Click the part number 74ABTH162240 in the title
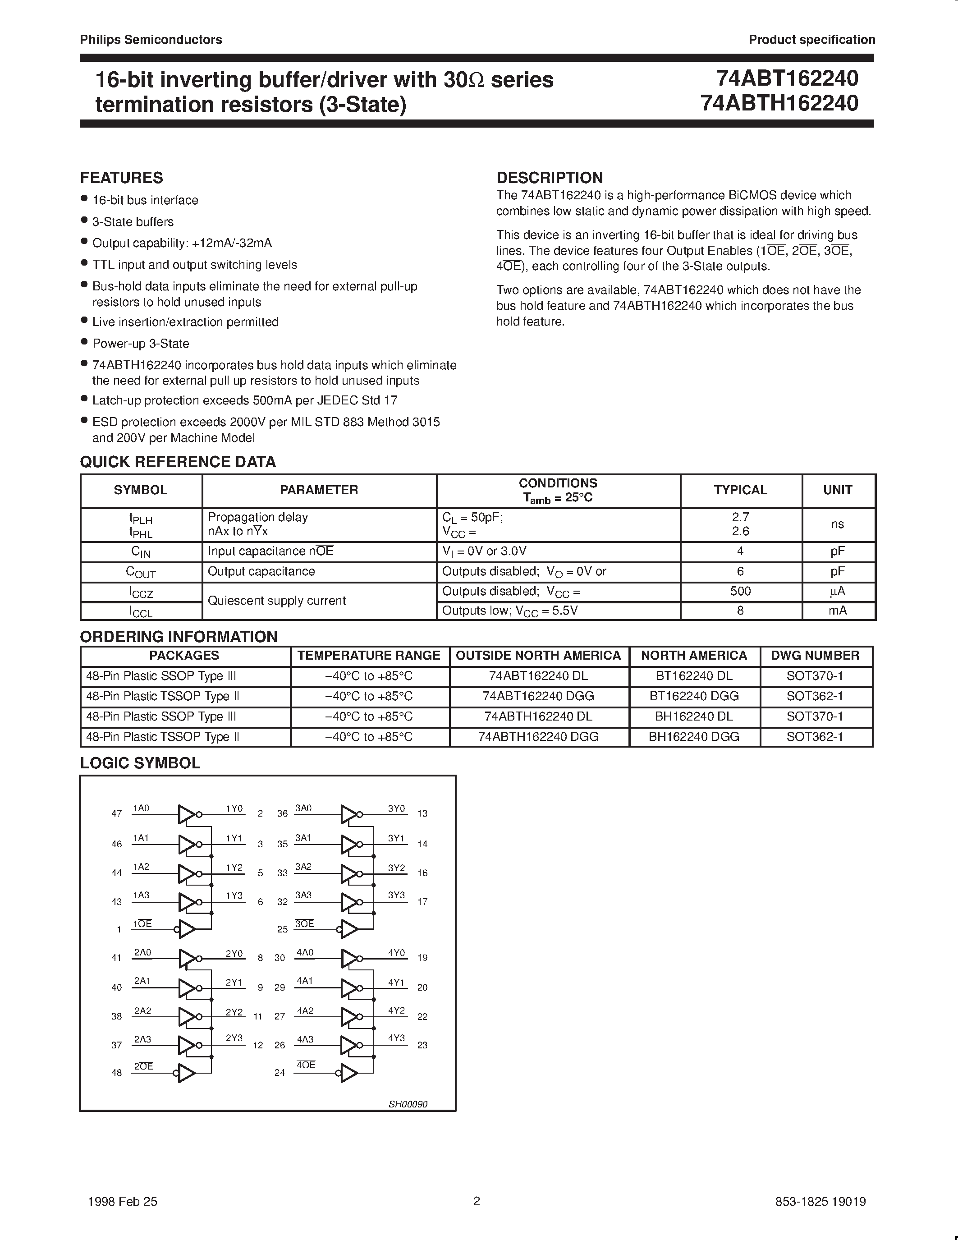click(x=779, y=103)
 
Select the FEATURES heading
click(x=121, y=178)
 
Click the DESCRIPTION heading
click(x=550, y=178)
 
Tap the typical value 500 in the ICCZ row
click(x=740, y=591)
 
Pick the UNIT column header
click(x=837, y=490)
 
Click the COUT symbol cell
click(x=140, y=572)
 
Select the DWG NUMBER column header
click(x=815, y=655)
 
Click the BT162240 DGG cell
click(x=693, y=696)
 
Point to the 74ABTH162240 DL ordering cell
click(x=538, y=716)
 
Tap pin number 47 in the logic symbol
click(x=116, y=813)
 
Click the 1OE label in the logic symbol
click(x=142, y=924)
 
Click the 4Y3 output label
click(x=396, y=1038)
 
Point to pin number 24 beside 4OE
click(x=279, y=1073)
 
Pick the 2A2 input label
click(x=142, y=1010)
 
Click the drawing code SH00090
click(x=408, y=1104)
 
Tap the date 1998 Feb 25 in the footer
click(x=123, y=1201)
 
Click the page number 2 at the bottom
click(x=477, y=1201)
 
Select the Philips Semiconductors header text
click(x=151, y=40)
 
